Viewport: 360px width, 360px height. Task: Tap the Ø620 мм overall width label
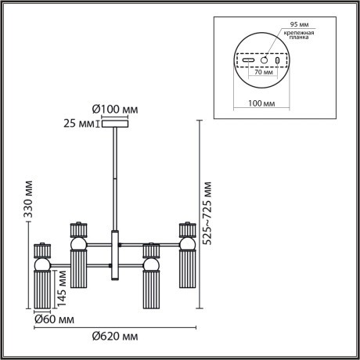coord(114,336)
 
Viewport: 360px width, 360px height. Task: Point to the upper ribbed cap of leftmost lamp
coord(41,251)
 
